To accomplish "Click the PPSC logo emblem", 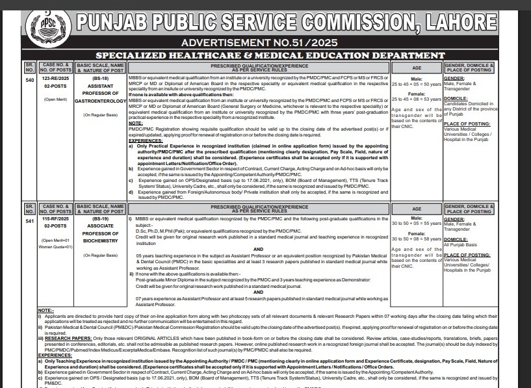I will (44, 28).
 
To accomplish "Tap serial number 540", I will (29, 80).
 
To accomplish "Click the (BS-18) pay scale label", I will (101, 78).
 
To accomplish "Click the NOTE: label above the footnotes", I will (45, 311).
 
